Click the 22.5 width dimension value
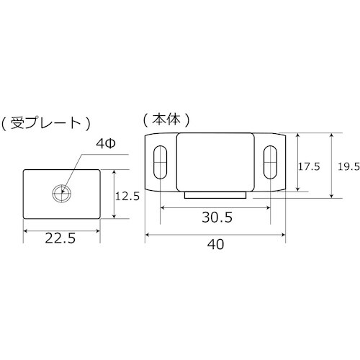pos(61,238)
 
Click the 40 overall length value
pos(215,246)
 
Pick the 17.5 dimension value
pos(309,166)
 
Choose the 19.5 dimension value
pos(348,166)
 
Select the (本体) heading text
pos(165,117)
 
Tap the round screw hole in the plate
pos(61,192)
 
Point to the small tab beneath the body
pos(216,195)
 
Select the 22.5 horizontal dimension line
pos(61,230)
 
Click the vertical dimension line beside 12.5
pos(114,194)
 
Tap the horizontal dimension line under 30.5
pos(215,208)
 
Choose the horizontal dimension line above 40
pos(215,234)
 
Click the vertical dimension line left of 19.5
pos(331,166)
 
